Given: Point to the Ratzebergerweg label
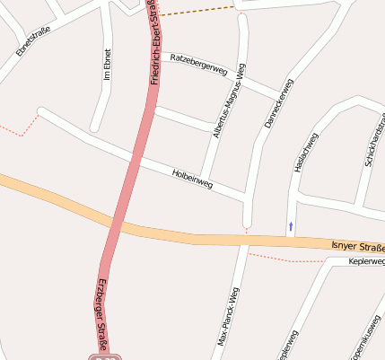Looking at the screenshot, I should (x=197, y=65).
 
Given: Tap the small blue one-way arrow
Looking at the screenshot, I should (x=290, y=224).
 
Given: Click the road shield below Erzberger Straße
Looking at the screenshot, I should (x=106, y=356).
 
